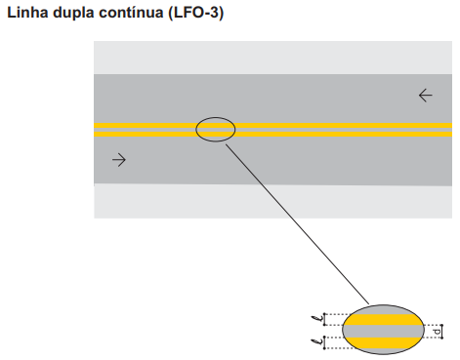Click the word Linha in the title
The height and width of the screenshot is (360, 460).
coord(27,13)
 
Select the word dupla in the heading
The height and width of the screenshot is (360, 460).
coord(74,14)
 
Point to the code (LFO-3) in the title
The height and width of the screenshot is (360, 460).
coord(196,13)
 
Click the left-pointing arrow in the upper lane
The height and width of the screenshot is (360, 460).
coord(426,96)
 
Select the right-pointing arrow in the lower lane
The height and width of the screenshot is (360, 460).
coord(119,160)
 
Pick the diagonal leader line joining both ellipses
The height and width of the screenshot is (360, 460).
coord(297,224)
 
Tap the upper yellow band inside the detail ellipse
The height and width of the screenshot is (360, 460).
coord(384,319)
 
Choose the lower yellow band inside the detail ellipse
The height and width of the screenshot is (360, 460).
coord(384,342)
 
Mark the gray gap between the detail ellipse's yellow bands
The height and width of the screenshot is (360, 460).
coord(384,331)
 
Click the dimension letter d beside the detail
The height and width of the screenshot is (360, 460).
coord(437,332)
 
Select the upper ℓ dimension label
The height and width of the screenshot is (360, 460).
coord(317,318)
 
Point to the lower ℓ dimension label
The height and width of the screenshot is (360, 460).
coord(317,341)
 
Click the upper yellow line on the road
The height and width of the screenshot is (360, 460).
coord(272,126)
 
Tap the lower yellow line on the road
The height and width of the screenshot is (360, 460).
coord(272,134)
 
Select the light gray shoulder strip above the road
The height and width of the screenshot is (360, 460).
coord(272,58)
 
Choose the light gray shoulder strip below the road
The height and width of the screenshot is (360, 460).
coord(272,201)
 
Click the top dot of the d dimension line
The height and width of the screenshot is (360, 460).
coord(442,325)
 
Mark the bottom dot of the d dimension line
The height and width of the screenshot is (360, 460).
coord(442,338)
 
